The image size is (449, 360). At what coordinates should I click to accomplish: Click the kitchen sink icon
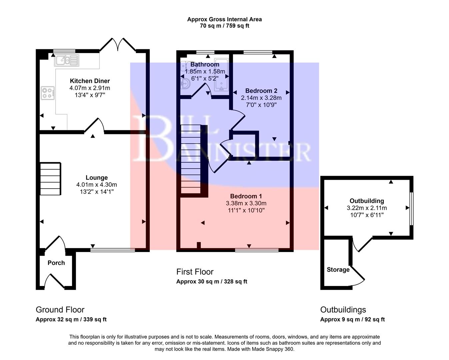click(67, 60)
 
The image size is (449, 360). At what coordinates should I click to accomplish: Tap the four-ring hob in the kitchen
click(48, 93)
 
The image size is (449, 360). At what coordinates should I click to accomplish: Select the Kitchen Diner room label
click(90, 81)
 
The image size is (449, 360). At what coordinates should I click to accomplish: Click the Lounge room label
click(96, 178)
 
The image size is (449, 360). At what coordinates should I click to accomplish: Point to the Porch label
click(56, 263)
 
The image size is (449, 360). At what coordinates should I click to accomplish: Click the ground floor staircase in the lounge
click(50, 179)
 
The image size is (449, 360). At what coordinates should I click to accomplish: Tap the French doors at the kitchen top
click(118, 45)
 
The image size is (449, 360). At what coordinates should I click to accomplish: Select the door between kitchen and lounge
click(94, 126)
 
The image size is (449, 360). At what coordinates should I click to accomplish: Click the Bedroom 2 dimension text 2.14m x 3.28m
click(261, 98)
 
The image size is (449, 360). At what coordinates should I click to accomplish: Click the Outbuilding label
click(366, 201)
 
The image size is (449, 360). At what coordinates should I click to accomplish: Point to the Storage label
click(338, 270)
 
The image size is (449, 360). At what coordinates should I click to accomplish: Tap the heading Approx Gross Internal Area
click(224, 19)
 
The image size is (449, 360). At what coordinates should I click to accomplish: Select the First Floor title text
click(195, 272)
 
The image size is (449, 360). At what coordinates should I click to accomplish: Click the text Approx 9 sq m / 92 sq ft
click(352, 319)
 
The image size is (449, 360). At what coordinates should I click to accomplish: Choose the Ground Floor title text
click(60, 310)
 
